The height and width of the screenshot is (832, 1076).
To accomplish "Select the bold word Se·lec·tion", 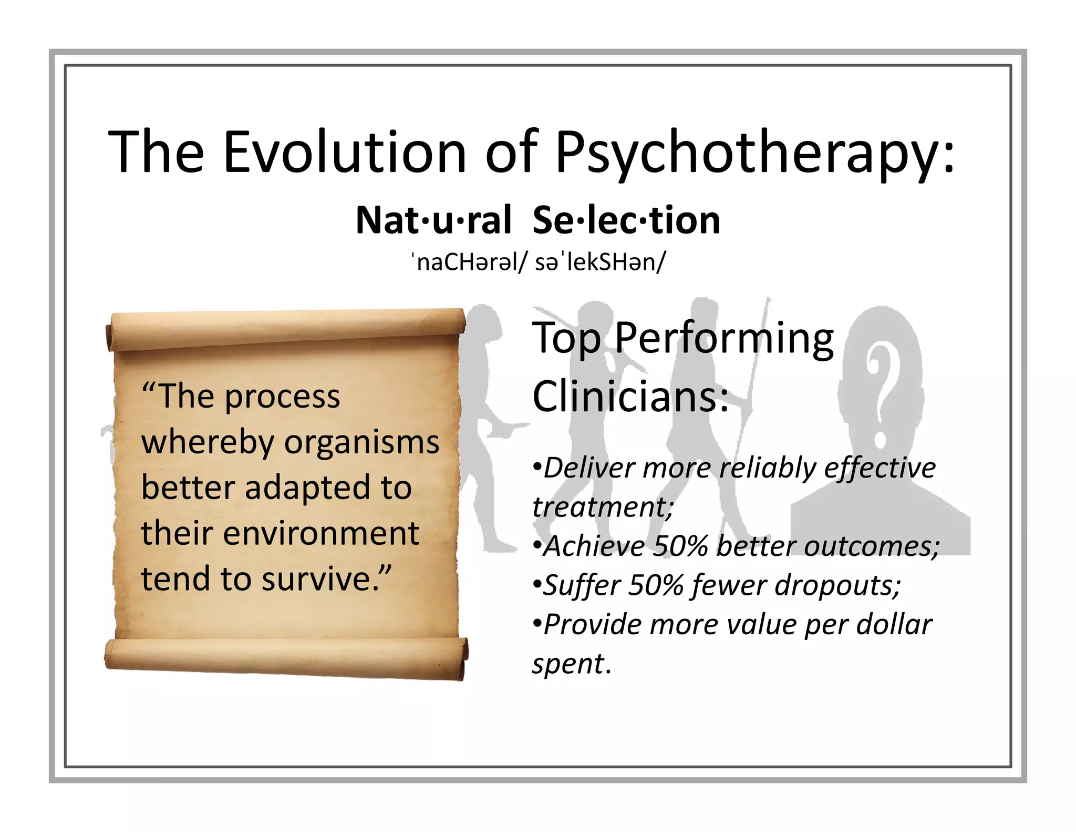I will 626,220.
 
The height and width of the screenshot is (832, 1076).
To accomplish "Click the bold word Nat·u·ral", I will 433,220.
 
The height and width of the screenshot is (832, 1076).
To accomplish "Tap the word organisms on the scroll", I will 361,442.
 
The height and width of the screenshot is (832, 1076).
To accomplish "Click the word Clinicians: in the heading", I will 630,397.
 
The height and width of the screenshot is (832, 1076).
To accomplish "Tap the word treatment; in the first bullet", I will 603,507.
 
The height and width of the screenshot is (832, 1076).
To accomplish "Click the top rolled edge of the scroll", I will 286,329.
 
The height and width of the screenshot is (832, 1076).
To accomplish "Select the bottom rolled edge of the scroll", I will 286,657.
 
